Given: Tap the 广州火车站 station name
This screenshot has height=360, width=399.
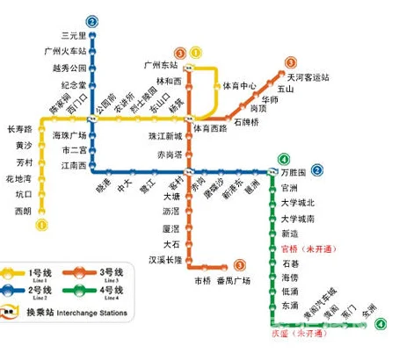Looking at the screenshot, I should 65,52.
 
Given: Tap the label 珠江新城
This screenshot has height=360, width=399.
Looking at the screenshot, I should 165,137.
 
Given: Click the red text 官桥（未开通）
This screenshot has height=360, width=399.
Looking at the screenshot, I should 308,248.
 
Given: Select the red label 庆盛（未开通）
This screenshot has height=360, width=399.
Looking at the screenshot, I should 296,335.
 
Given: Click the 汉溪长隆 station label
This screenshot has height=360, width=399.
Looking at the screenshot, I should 164,260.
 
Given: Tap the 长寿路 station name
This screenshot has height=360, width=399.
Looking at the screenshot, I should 18,128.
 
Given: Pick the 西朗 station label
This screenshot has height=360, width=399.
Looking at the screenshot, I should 24,212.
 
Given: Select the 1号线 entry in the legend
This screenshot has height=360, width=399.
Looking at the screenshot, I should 40,273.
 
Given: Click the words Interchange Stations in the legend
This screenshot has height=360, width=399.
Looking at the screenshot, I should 93,313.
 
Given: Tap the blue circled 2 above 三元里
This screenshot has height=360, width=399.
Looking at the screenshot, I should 92,21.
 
